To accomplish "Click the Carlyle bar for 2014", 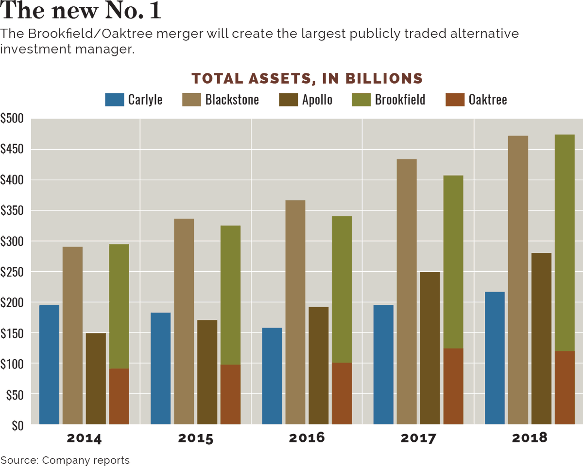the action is [x=49, y=365].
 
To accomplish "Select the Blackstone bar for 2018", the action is [x=518, y=280].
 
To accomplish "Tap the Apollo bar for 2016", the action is [x=319, y=366].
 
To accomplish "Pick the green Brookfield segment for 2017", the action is [x=453, y=262].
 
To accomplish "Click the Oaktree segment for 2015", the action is [x=230, y=395].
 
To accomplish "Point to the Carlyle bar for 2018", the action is [x=495, y=358].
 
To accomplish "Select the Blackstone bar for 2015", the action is [x=184, y=321].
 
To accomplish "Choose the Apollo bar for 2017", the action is [x=430, y=349].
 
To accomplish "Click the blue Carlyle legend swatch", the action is [x=114, y=100].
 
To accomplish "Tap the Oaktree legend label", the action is [x=488, y=100].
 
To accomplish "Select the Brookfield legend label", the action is [x=400, y=100].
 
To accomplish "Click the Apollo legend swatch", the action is [x=288, y=100].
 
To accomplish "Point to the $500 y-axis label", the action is [x=12, y=118].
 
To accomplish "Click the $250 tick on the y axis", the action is [x=12, y=272].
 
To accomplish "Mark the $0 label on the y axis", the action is [x=17, y=425].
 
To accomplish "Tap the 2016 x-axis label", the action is [x=307, y=437].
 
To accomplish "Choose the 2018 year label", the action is [x=530, y=437].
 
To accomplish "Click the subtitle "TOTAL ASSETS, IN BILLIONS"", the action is [x=307, y=78].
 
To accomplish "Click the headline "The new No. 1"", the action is [x=81, y=10].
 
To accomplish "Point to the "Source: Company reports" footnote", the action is [x=65, y=460].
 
